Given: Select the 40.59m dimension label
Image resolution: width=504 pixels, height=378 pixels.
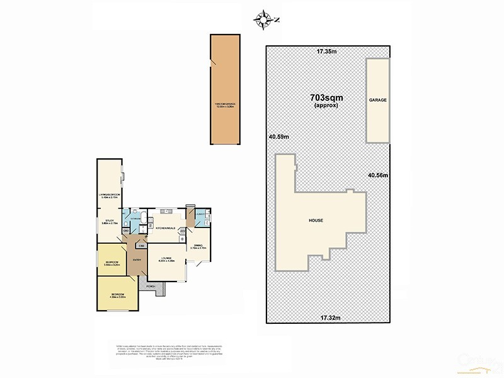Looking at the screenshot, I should point(278,137).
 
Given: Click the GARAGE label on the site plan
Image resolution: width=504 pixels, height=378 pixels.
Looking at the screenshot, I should point(378,100).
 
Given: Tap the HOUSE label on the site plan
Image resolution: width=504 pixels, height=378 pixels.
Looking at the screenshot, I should point(316,220).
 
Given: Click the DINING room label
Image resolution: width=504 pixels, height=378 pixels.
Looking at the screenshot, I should point(198,246).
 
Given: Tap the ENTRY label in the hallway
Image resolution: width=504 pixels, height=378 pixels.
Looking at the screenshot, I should point(135,260).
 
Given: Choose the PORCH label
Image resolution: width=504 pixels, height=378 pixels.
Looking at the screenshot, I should point(151,287).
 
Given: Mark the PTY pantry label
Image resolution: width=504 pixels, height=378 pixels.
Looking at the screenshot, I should point(183,231).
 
